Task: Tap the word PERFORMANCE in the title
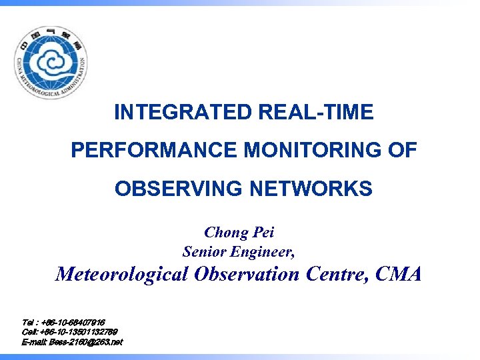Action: tap(155, 151)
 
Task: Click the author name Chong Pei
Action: tap(239, 232)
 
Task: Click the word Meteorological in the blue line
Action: tap(122, 274)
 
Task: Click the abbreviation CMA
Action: tap(398, 274)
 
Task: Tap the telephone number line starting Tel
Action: tap(63, 323)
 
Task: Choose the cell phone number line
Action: tap(70, 332)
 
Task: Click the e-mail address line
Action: tap(72, 342)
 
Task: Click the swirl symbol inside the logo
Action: tap(50, 65)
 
